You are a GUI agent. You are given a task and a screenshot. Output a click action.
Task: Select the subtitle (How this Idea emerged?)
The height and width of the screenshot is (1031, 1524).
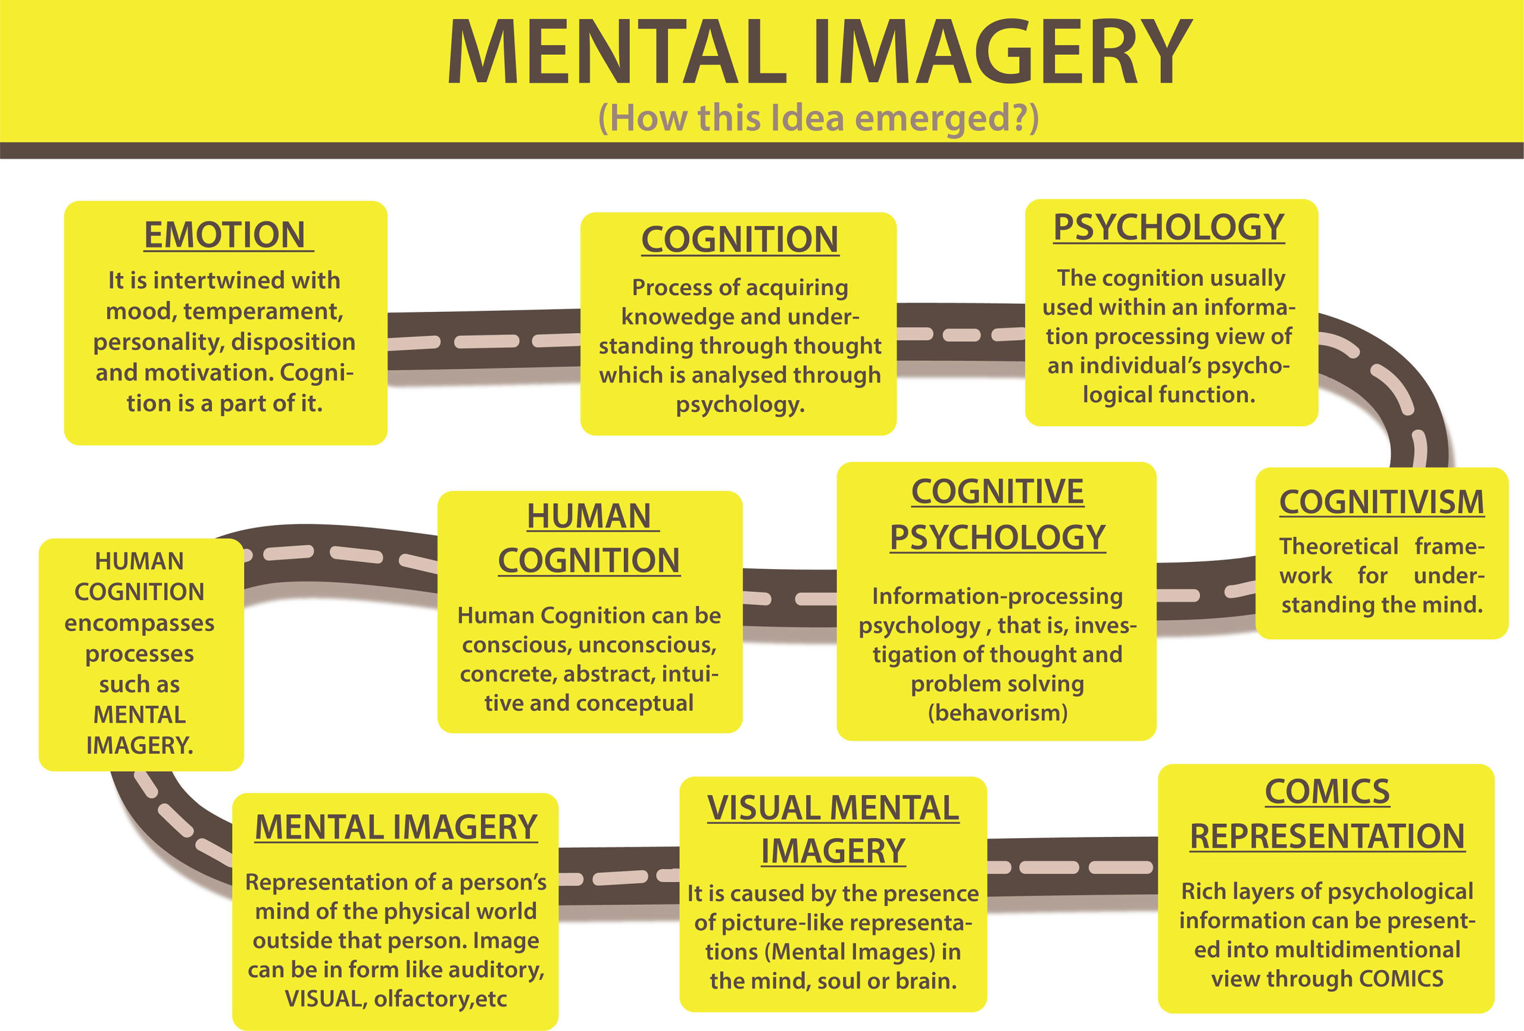coord(819,118)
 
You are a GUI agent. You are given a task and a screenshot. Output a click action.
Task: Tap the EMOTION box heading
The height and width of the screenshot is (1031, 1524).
coord(225,235)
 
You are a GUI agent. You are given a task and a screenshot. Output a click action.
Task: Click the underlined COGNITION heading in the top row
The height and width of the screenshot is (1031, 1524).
coord(740,239)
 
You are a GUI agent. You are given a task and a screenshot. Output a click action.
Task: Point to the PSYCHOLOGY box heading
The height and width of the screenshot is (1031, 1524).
coord(1169,227)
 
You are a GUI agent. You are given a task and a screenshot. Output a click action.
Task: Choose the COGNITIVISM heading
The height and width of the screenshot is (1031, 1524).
coord(1382,502)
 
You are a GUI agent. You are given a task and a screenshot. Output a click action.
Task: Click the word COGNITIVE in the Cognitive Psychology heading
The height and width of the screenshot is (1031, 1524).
coord(997,492)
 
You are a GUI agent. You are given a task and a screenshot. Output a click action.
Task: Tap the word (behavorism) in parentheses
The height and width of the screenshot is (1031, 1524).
coord(997,713)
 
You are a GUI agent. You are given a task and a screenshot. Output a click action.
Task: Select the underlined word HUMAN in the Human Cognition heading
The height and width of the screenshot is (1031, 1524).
coord(588,516)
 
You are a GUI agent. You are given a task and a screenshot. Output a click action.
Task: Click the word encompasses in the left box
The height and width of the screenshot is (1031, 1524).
coord(140,623)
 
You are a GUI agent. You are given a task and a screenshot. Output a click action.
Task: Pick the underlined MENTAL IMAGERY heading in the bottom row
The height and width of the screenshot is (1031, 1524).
coord(396,827)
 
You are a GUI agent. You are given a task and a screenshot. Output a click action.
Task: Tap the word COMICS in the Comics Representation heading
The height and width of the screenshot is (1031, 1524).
coord(1328,792)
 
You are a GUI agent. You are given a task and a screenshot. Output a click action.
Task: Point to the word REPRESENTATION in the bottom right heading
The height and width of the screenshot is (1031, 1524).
coord(1328,836)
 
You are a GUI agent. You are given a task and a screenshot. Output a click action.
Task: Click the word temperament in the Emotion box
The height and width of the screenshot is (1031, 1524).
coord(263,311)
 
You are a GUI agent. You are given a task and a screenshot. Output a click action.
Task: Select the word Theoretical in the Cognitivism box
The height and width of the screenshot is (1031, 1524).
coord(1338,546)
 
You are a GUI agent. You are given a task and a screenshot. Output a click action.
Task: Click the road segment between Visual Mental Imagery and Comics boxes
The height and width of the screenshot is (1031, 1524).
coord(1072,867)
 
